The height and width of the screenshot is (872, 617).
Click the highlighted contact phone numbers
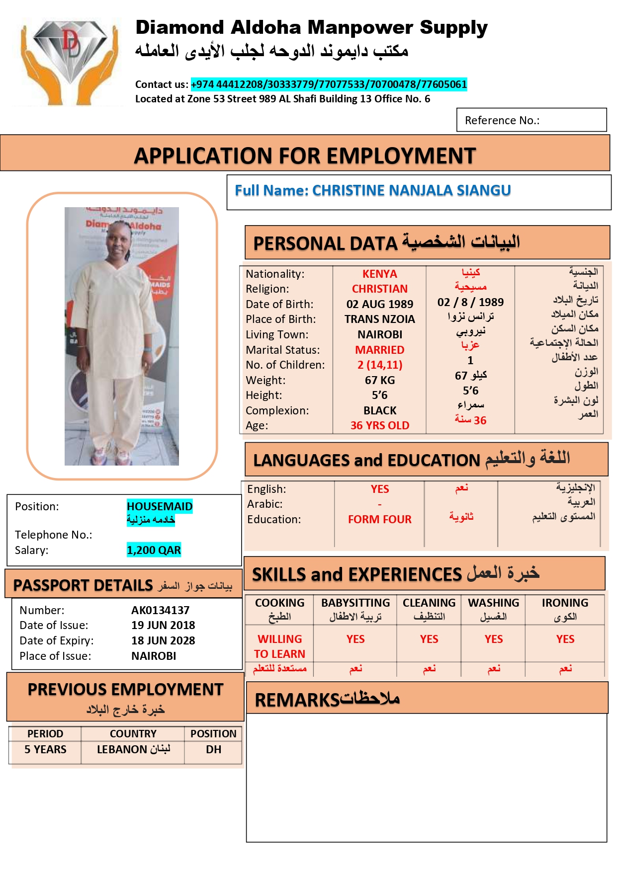[329, 84]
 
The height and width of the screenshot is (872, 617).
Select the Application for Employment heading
[305, 156]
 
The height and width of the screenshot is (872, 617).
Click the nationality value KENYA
[379, 274]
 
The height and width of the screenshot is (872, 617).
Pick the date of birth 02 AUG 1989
[379, 304]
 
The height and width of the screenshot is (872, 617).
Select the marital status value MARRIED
[379, 350]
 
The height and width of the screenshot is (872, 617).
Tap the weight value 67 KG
[379, 380]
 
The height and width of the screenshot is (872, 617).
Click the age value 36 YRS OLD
[379, 425]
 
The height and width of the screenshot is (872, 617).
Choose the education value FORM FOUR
[379, 519]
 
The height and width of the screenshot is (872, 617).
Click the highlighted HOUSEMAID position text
[159, 506]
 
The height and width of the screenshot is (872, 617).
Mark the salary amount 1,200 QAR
[154, 550]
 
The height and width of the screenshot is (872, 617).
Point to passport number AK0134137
[160, 610]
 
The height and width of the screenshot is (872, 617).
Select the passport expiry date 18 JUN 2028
[163, 640]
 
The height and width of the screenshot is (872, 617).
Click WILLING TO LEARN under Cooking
[279, 646]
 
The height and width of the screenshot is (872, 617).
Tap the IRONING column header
[565, 603]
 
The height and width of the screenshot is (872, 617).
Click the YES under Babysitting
[355, 639]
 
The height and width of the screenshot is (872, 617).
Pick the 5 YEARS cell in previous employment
[45, 749]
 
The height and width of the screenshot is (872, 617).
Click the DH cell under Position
[213, 749]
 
